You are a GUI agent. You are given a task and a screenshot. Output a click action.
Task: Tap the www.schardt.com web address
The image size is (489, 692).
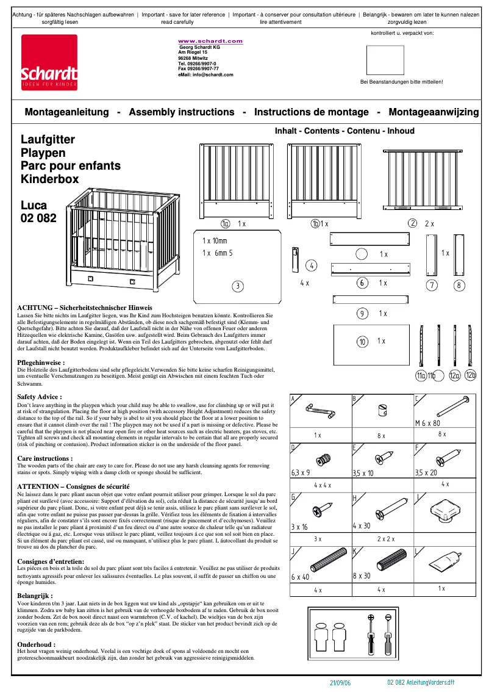pos(210,41)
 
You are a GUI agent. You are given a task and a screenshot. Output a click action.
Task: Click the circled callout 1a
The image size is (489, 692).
pos(226,224)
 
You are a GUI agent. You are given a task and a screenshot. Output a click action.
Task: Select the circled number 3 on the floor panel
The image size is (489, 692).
pos(238,286)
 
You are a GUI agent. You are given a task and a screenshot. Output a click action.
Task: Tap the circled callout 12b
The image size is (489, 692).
pos(470,375)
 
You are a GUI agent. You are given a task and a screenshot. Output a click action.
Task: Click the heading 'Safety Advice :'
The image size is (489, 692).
pos(40,397)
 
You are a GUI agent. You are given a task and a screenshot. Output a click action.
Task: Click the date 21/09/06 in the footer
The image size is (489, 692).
pos(340,683)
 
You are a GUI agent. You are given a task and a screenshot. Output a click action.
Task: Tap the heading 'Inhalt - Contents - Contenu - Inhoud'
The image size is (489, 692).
pos(344,131)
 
